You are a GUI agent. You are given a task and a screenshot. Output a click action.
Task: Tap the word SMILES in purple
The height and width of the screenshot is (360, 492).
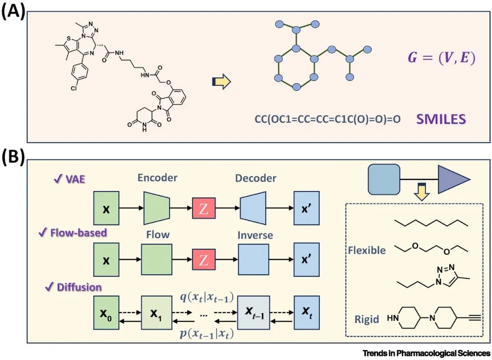point(441,119)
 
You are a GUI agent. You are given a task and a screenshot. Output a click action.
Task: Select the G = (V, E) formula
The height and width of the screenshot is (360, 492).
point(441,58)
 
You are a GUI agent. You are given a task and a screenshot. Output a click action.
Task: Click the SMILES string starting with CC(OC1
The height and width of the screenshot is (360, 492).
point(328,120)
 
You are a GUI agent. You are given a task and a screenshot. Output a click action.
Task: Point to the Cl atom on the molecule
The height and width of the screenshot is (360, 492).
point(73,88)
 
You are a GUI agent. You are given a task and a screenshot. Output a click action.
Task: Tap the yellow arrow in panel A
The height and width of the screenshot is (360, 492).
point(221,82)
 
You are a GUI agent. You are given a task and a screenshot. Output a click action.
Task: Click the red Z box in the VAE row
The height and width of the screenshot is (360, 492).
point(204,208)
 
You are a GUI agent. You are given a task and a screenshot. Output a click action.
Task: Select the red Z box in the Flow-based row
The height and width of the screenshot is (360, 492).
point(204,260)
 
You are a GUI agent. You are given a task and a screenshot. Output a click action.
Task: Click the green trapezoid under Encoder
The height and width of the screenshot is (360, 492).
point(157,208)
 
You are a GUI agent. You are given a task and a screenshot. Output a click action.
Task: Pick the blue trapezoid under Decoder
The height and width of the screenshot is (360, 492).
point(253,208)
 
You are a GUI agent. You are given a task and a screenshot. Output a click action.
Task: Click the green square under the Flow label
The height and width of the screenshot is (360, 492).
point(157,260)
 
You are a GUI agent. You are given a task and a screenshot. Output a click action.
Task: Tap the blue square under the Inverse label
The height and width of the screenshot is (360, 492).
point(253,260)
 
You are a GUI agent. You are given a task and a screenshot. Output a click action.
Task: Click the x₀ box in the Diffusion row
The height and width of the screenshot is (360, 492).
point(106,313)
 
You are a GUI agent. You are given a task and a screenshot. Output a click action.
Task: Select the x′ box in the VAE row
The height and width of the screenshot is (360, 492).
point(307,208)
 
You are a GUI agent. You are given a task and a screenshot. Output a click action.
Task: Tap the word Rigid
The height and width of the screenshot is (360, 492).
point(367,319)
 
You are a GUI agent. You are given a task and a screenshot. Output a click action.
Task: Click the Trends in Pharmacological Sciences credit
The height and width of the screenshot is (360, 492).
point(426,354)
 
